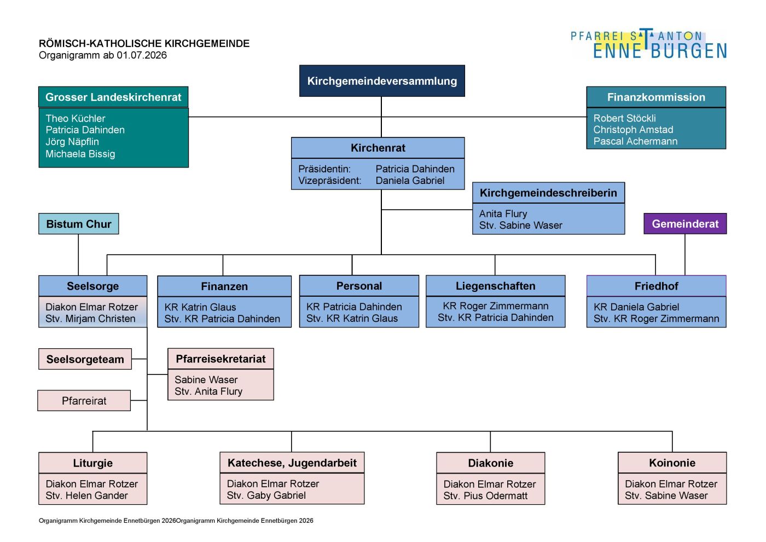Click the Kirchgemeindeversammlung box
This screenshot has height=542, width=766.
click(x=382, y=81)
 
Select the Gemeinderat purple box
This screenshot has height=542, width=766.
click(x=685, y=223)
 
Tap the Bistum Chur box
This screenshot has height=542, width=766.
click(x=79, y=224)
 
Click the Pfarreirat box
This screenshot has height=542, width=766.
click(x=84, y=400)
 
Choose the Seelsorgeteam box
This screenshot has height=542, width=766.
click(x=85, y=359)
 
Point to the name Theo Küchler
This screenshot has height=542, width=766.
click(x=76, y=118)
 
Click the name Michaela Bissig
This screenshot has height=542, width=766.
click(x=80, y=154)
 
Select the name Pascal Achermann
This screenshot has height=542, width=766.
click(x=635, y=141)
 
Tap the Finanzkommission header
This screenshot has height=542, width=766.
click(x=656, y=97)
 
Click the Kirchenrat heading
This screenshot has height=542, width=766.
click(x=378, y=148)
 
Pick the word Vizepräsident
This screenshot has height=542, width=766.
click(x=329, y=180)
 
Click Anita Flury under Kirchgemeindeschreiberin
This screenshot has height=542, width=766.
click(x=503, y=214)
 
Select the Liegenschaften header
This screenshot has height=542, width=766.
click(x=496, y=286)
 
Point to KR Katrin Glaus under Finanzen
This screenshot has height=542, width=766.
click(x=200, y=307)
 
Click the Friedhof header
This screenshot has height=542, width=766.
click(x=656, y=286)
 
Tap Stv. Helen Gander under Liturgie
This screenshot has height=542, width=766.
click(x=86, y=495)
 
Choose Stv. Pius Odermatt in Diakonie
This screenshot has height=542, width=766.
click(x=485, y=495)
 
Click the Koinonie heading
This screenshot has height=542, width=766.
click(x=672, y=463)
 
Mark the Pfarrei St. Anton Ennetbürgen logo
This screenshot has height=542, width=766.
click(x=649, y=44)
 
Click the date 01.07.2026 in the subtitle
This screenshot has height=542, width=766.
click(x=142, y=55)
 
